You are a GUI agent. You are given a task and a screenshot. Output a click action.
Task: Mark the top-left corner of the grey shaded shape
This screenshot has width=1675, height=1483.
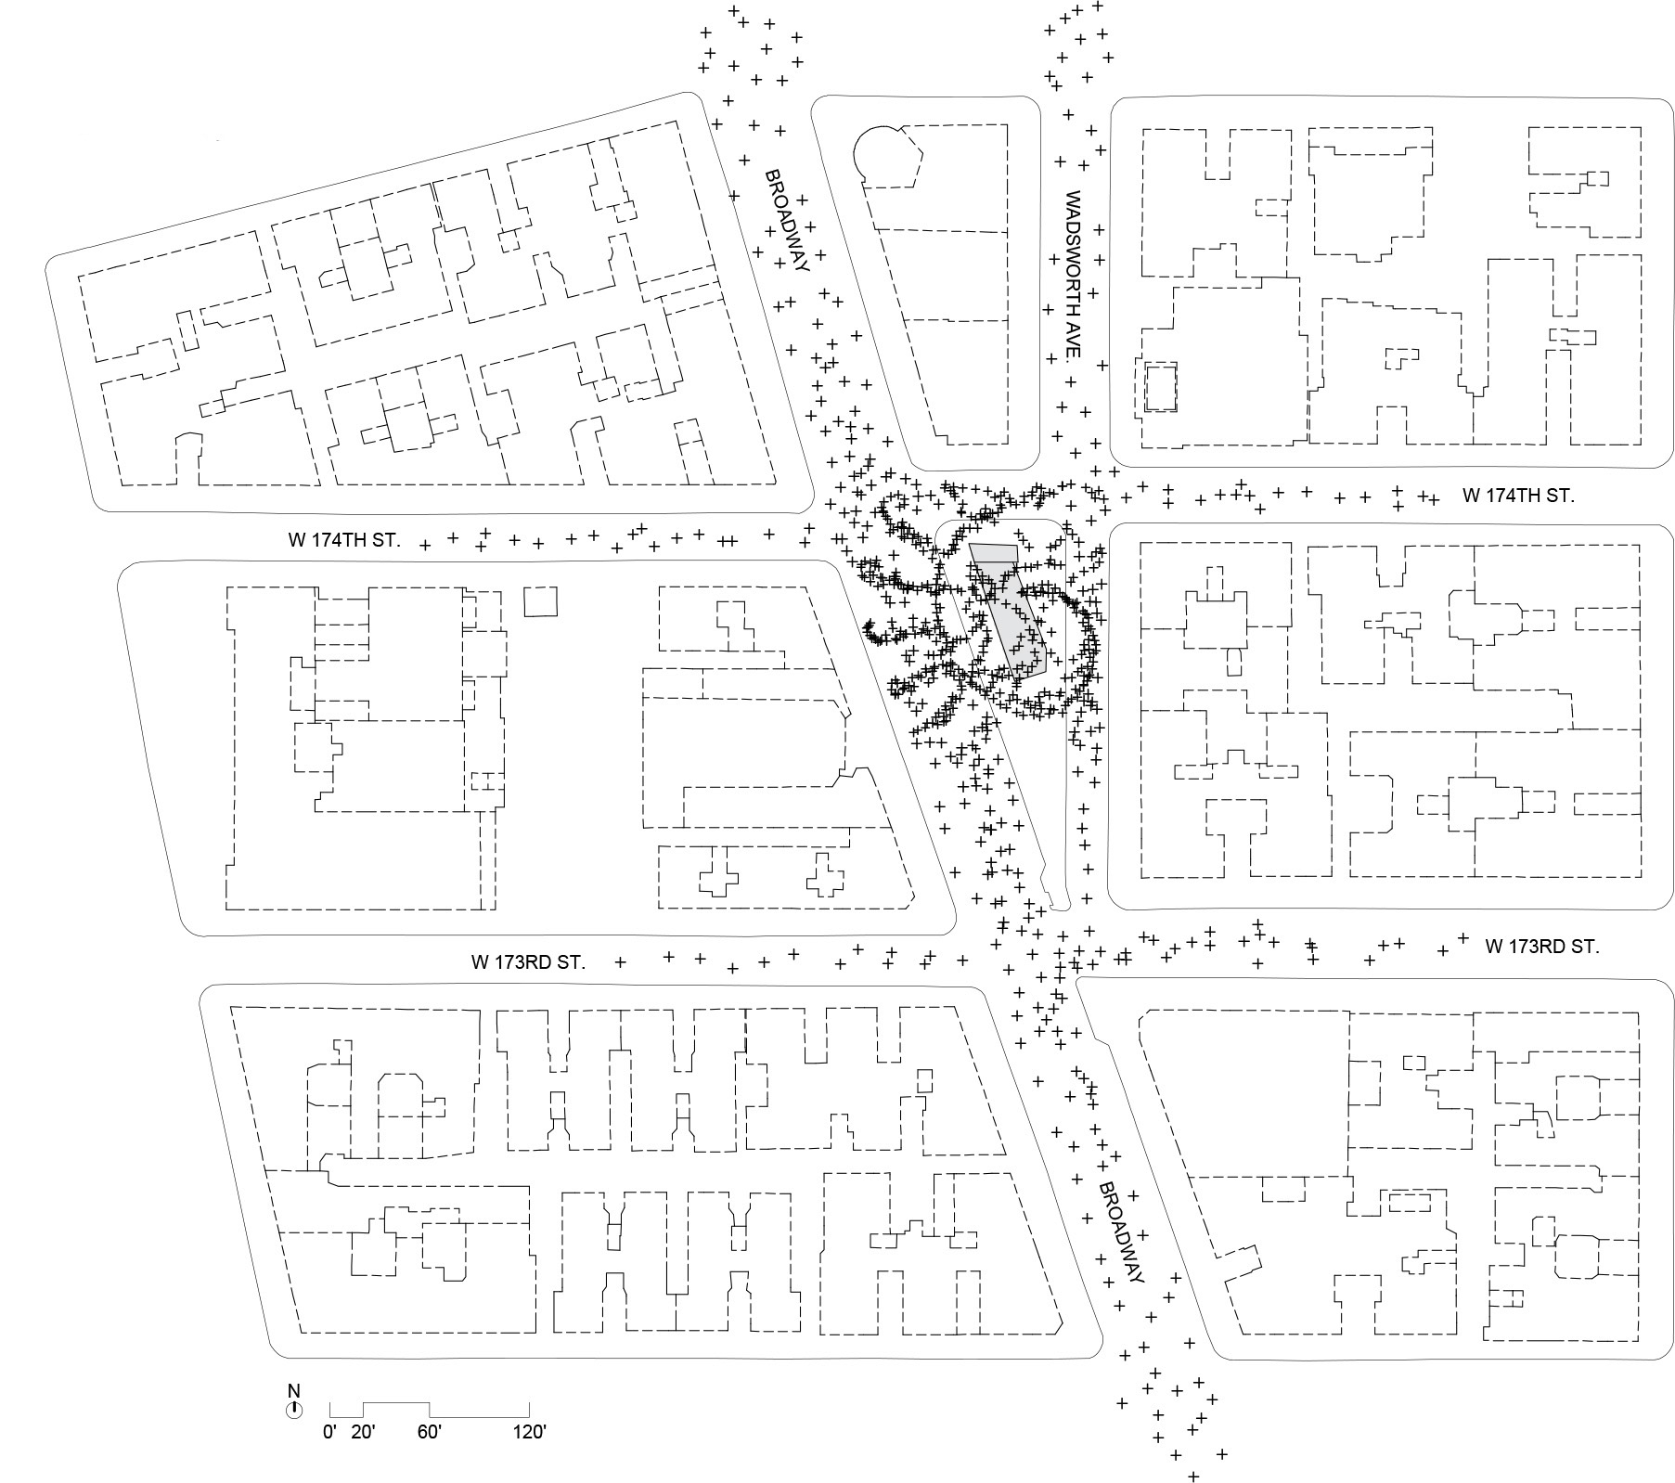tap(969, 544)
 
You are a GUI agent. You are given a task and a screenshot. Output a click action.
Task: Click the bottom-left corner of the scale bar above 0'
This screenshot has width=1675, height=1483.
tap(330, 1416)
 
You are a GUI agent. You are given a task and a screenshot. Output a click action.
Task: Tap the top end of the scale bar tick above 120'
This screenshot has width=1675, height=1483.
tap(529, 1402)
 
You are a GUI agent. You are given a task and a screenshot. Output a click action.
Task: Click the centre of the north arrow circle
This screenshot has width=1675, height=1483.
tap(294, 1410)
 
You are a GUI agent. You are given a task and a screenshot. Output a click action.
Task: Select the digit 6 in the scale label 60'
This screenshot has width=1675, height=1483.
tap(422, 1432)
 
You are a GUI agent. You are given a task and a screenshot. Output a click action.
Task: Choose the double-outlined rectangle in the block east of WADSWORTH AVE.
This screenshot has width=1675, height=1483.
tap(1160, 388)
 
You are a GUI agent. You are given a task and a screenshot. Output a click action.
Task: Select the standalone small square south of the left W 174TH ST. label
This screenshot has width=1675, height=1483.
tap(542, 601)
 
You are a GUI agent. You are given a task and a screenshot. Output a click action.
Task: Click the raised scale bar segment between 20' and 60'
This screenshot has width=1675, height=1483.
tap(396, 1402)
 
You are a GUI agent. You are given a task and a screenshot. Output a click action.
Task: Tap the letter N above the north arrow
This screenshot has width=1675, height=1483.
tap(294, 1391)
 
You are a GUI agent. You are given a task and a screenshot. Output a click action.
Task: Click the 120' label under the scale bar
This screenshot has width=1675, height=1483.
tap(529, 1432)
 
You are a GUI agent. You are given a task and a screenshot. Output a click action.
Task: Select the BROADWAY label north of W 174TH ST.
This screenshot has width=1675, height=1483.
tap(787, 220)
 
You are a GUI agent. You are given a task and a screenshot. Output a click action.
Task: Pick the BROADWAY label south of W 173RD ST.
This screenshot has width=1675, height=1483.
tap(1121, 1232)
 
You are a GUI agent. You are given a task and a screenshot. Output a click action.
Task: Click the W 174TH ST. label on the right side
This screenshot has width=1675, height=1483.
tap(1518, 496)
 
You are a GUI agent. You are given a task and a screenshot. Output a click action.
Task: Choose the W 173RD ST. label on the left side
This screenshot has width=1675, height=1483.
tap(528, 962)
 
